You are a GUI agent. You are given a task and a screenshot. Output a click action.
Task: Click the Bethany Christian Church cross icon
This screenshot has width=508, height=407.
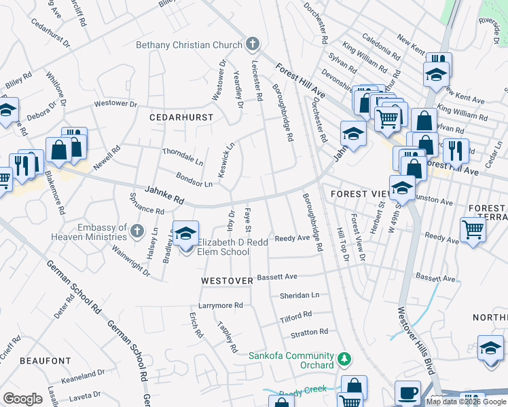pyautogui.click(x=253, y=45)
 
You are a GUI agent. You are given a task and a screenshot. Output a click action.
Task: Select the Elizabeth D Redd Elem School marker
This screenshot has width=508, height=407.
pyautogui.click(x=185, y=235)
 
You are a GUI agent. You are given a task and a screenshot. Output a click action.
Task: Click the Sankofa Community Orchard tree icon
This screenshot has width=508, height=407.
pyautogui.click(x=344, y=357)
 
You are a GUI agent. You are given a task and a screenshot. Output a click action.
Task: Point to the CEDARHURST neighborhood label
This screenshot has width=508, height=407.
pyautogui.click(x=181, y=117)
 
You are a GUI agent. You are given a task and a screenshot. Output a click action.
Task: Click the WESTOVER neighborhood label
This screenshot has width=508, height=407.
pyautogui.click(x=227, y=280)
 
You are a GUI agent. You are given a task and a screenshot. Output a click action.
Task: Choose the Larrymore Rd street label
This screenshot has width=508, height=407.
pyautogui.click(x=220, y=306)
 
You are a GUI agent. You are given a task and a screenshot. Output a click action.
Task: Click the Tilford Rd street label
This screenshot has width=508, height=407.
pyautogui.click(x=295, y=316)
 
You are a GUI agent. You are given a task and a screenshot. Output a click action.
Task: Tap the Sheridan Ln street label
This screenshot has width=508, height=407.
pyautogui.click(x=300, y=296)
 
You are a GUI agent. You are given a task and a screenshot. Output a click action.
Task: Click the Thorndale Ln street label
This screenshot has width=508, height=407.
pyautogui.click(x=182, y=157)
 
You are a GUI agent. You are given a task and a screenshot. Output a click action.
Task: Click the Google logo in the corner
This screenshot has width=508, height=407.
pyautogui.click(x=22, y=399)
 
